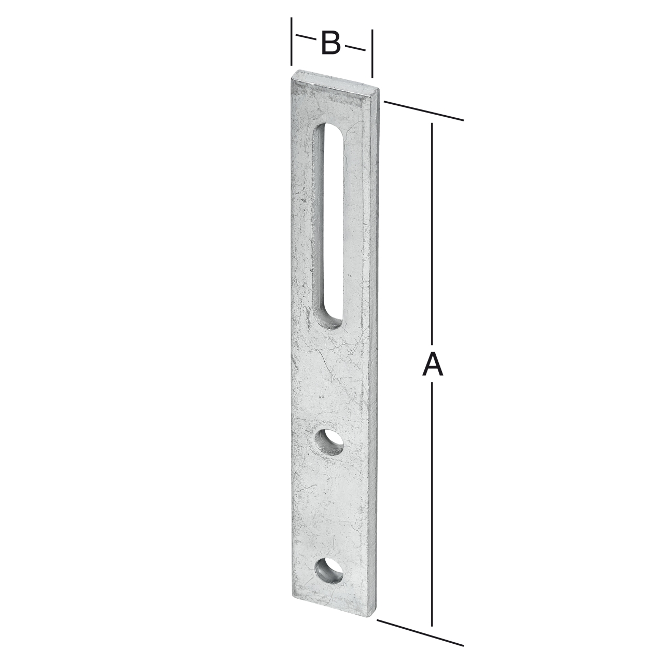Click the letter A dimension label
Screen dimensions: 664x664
pos(433,364)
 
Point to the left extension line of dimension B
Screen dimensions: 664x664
pos(292,41)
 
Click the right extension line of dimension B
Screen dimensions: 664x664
pos(372,52)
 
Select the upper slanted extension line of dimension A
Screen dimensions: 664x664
pos(423,110)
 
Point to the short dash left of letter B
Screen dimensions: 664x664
pos(306,38)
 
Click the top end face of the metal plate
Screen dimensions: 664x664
pos(335,79)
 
